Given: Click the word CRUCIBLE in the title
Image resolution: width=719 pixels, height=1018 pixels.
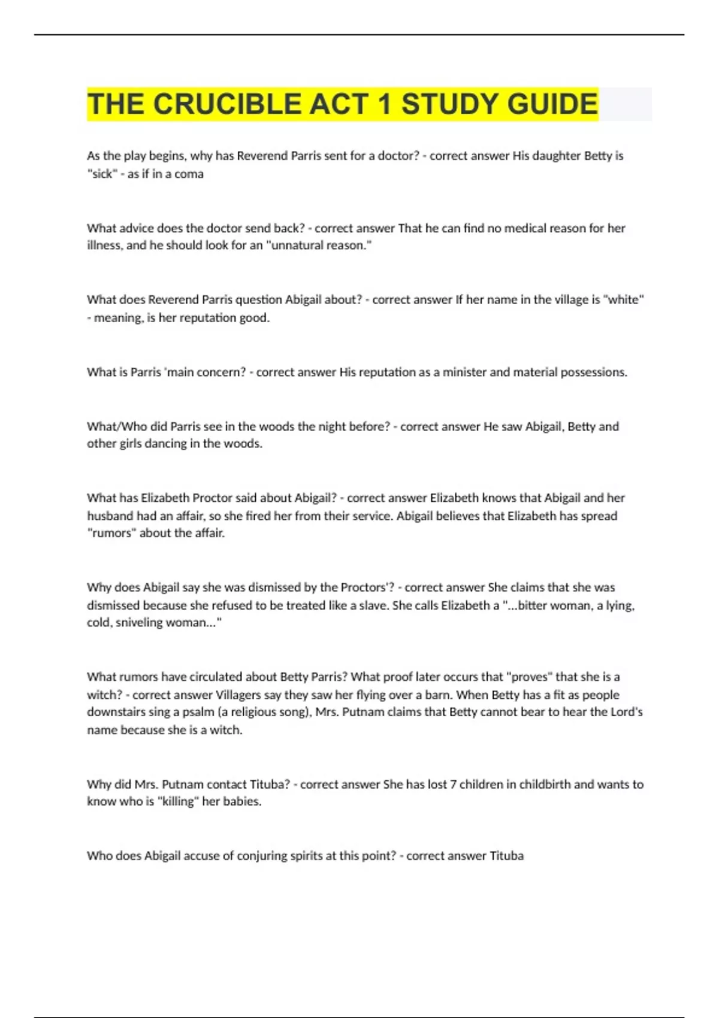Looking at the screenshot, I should click(228, 104).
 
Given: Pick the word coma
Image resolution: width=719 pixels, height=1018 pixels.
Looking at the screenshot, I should click(189, 174).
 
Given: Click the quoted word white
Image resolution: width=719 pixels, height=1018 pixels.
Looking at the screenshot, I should click(624, 299).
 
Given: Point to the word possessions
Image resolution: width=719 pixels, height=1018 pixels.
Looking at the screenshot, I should click(593, 372).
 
